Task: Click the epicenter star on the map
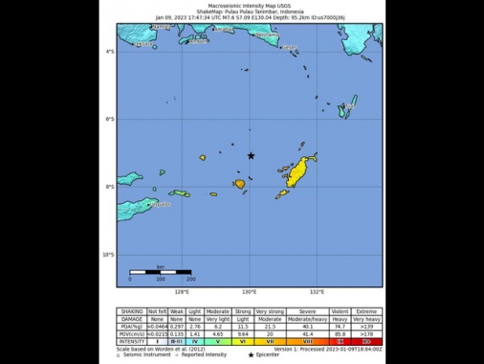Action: [x=251, y=155]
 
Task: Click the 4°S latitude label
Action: [x=110, y=52]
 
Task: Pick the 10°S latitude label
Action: [x=109, y=255]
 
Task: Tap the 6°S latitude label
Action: [x=110, y=120]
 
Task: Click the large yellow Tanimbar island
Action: [x=303, y=171]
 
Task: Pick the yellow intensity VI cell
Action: [x=243, y=340]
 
